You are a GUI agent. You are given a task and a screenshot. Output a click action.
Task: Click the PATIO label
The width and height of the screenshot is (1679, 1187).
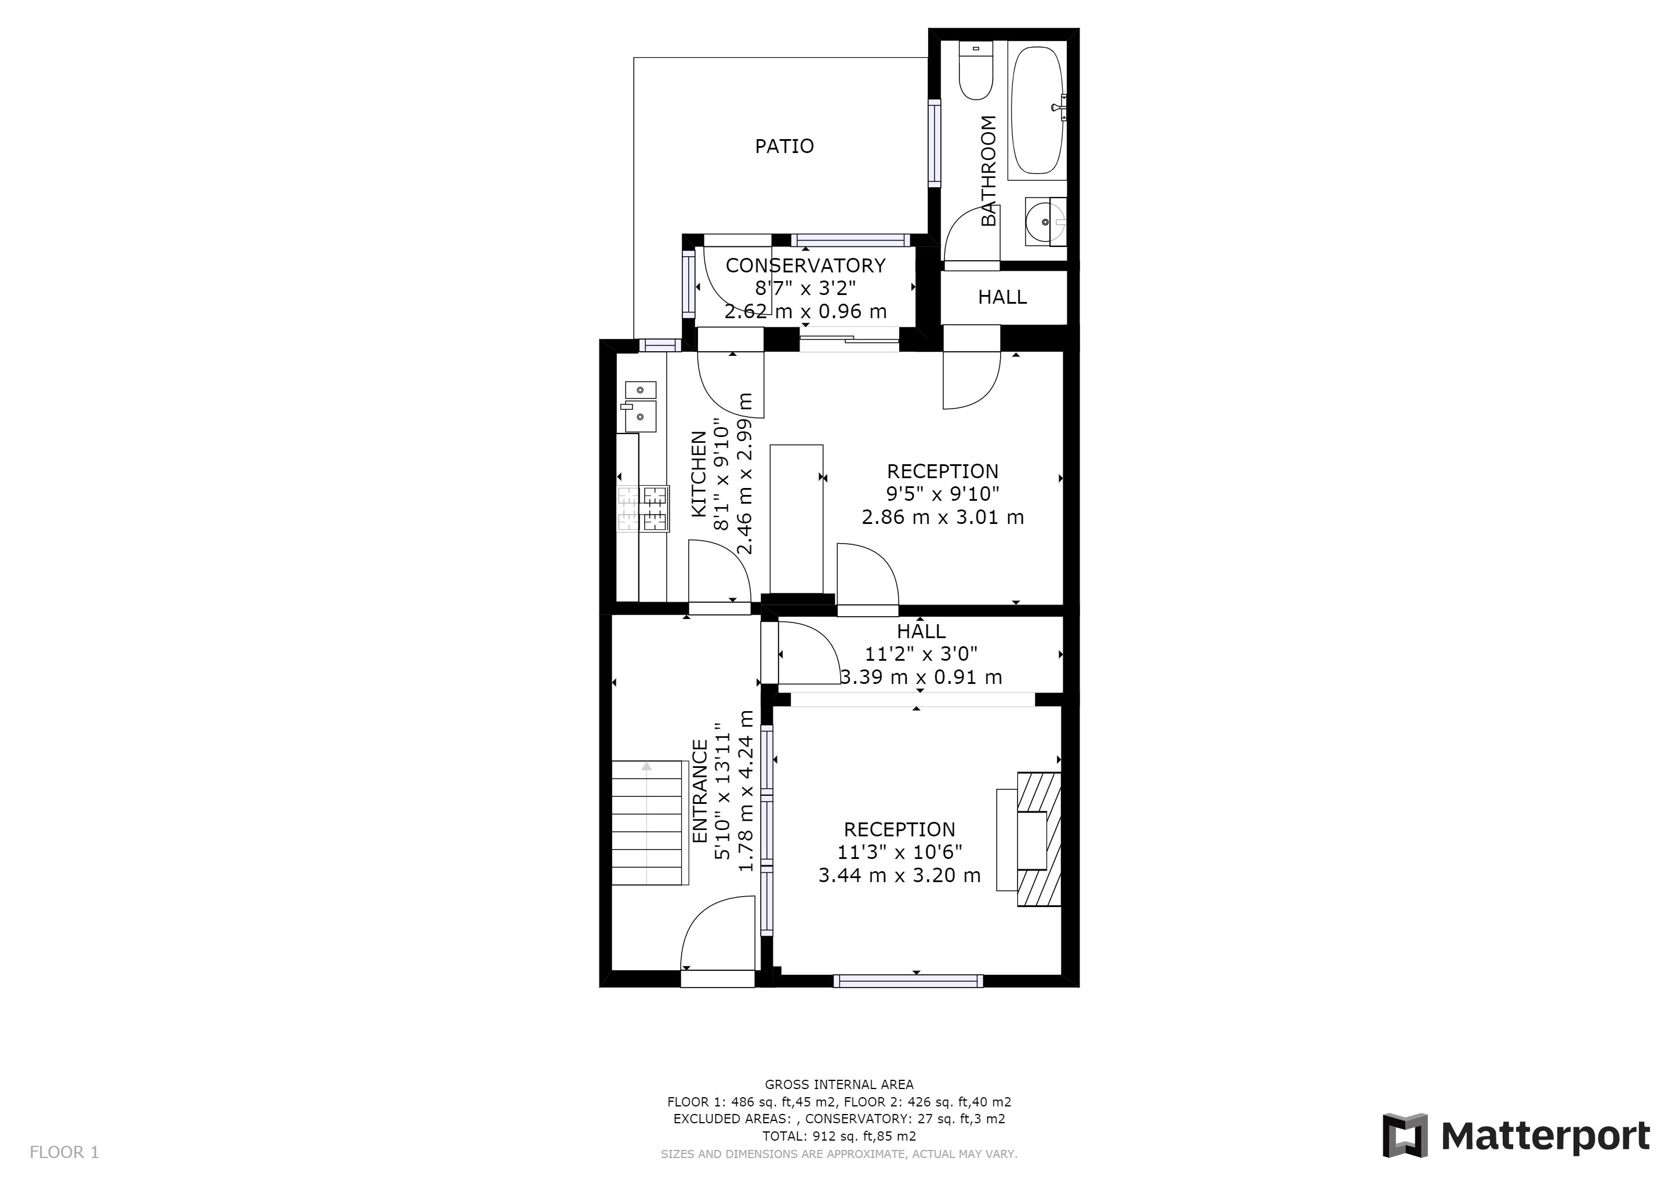[784, 146]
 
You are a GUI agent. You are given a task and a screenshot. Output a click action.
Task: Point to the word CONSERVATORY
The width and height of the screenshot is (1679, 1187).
[805, 265]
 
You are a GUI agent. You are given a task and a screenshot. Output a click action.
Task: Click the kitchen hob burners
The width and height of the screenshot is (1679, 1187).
[644, 509]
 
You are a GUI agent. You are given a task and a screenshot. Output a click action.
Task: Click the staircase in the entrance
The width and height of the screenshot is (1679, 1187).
[649, 823]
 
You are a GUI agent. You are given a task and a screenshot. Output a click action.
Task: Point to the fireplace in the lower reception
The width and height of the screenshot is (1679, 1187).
[1029, 839]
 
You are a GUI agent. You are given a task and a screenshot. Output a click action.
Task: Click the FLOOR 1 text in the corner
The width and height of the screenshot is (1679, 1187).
[64, 1153]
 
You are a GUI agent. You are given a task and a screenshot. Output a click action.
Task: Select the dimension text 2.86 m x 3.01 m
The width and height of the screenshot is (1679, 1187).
[943, 518]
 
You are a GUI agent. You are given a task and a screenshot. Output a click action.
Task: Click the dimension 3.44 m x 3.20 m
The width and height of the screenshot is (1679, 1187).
[899, 875]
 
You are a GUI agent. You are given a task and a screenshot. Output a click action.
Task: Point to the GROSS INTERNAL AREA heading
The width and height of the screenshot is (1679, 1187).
[839, 1084]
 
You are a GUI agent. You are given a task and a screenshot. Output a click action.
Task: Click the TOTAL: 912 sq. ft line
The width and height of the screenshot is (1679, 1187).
[839, 1137]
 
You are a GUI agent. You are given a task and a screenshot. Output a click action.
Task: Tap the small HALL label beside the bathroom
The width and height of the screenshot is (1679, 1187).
[1002, 297]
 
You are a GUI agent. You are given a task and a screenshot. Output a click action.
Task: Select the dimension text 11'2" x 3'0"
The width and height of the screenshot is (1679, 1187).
[921, 654]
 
